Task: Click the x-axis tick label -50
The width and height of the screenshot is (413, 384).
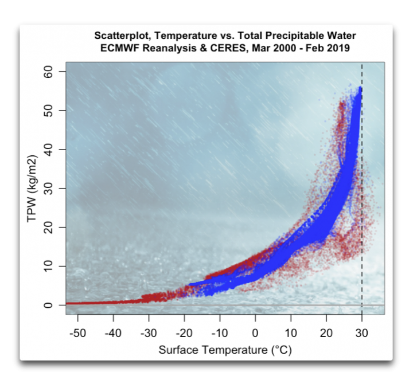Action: click(77, 333)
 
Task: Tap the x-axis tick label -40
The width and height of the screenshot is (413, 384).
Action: click(113, 333)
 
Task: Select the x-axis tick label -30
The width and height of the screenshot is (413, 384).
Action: click(149, 333)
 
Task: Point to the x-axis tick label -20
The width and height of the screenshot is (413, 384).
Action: click(184, 333)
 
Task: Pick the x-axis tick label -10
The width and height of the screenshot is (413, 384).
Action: click(220, 333)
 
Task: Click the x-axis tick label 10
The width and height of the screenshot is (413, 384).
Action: click(291, 333)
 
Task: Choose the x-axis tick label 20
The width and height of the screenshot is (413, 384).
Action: click(326, 333)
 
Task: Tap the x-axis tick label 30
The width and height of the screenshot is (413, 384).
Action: click(362, 333)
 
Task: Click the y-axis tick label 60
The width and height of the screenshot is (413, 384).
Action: click(48, 71)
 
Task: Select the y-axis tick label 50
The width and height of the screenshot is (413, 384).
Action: click(48, 110)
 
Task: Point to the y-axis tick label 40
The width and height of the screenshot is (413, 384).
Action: click(48, 149)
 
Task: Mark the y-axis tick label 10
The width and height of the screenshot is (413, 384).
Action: click(48, 266)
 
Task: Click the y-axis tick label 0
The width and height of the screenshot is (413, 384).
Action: click(48, 305)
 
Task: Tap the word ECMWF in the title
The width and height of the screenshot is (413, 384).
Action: click(119, 48)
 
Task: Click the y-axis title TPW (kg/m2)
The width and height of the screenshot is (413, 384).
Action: click(32, 189)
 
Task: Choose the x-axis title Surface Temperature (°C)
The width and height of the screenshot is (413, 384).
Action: click(225, 350)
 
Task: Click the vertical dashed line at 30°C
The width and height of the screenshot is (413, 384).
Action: click(362, 188)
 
